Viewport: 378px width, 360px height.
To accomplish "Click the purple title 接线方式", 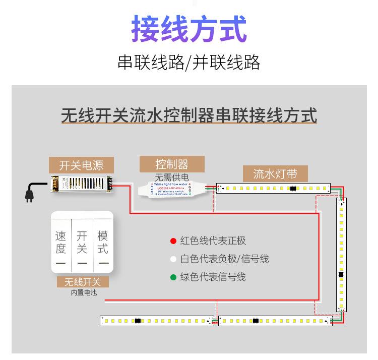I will pyautogui.click(x=189, y=29).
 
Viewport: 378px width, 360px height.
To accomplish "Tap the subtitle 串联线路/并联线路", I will pyautogui.click(x=189, y=63).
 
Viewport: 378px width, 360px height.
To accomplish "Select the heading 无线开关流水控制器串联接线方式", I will pyautogui.click(x=189, y=115).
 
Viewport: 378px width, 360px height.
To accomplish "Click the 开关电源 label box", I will pyautogui.click(x=81, y=165).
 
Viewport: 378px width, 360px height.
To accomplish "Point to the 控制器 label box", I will pyautogui.click(x=172, y=164).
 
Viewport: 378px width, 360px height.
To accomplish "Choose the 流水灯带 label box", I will pyautogui.click(x=275, y=174).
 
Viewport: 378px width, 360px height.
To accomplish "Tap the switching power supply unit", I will pyautogui.click(x=80, y=185).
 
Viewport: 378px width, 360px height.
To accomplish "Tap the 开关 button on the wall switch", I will pyautogui.click(x=82, y=242).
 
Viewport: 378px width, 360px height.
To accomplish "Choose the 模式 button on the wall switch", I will pyautogui.click(x=103, y=242).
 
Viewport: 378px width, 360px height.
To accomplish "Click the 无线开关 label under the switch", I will pyautogui.click(x=82, y=282).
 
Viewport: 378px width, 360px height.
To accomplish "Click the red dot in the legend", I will pyautogui.click(x=173, y=241).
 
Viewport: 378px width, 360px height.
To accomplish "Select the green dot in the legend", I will pyautogui.click(x=173, y=277).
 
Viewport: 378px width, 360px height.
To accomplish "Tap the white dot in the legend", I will pyautogui.click(x=173, y=259).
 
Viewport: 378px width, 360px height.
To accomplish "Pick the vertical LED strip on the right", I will pyautogui.click(x=342, y=255).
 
